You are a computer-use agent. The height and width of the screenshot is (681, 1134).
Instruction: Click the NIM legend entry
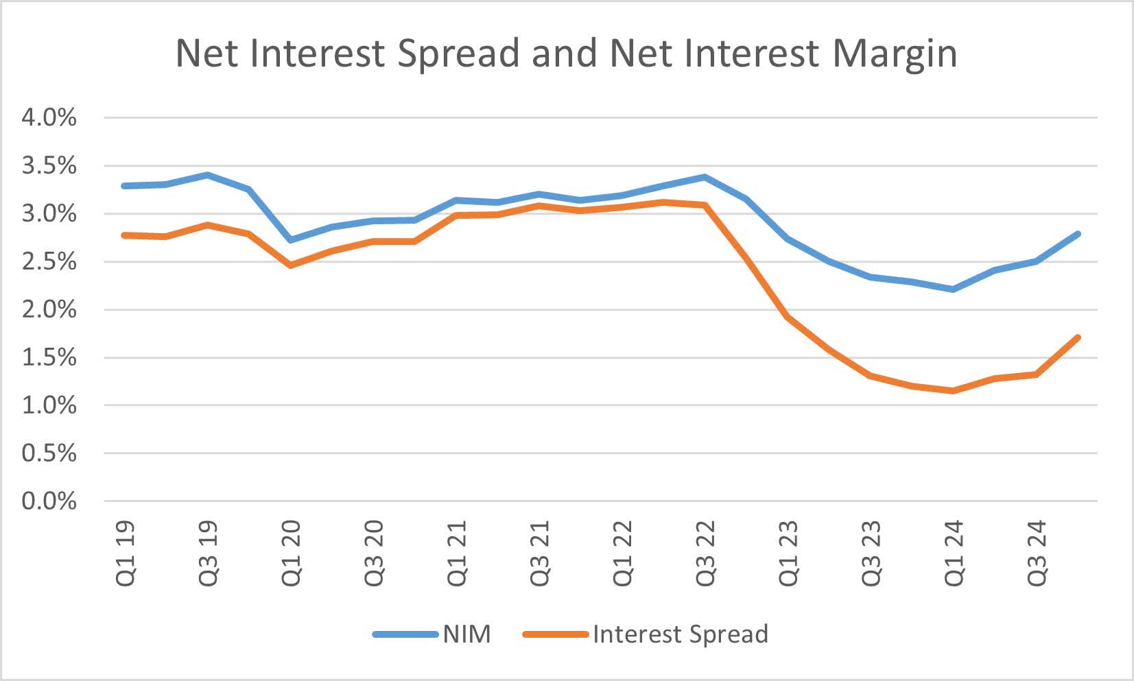click(x=466, y=634)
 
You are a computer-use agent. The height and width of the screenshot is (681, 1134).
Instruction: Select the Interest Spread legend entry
click(x=680, y=634)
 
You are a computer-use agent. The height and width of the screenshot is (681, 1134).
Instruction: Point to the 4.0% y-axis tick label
click(x=49, y=118)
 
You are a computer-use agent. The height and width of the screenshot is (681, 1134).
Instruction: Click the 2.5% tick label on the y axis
click(x=49, y=261)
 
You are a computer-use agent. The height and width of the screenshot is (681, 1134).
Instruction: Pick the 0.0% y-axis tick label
click(x=49, y=501)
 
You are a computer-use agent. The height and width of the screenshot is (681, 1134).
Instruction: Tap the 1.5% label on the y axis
click(x=49, y=357)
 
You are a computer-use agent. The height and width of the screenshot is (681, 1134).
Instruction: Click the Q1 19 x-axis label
click(x=126, y=553)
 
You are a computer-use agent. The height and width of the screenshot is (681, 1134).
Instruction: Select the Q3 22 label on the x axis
click(x=705, y=553)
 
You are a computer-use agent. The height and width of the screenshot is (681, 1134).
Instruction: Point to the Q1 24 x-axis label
click(x=954, y=553)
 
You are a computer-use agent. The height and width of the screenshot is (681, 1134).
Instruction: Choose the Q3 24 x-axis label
click(x=1037, y=553)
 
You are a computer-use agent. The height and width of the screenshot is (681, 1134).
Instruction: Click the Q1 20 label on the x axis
click(x=291, y=553)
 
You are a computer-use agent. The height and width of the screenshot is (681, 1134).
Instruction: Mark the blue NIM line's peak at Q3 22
click(x=705, y=177)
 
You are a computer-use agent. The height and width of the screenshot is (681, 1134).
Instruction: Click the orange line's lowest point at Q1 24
click(x=953, y=391)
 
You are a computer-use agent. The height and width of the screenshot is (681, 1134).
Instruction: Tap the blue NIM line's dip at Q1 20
click(x=291, y=240)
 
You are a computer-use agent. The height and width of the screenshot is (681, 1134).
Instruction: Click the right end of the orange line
click(x=1078, y=337)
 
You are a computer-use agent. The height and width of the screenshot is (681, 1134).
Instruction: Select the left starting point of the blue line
click(x=124, y=186)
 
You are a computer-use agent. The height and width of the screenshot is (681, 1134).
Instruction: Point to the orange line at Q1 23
click(x=788, y=318)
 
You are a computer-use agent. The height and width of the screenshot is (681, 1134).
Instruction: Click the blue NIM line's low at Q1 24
click(x=953, y=289)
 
